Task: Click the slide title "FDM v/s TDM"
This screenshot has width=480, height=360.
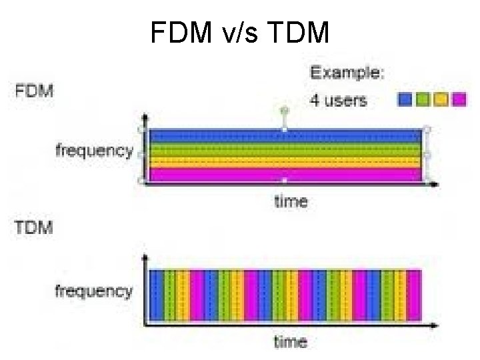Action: click(x=240, y=31)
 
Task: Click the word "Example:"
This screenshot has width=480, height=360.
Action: click(x=347, y=73)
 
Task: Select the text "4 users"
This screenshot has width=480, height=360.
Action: click(x=338, y=101)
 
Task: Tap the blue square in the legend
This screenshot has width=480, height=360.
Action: click(x=405, y=100)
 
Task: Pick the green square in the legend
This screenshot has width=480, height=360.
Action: click(x=422, y=100)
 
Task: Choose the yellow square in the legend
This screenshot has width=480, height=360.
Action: click(x=440, y=100)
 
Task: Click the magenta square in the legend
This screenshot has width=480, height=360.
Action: click(x=457, y=100)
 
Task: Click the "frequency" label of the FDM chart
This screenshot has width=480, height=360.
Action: click(x=94, y=151)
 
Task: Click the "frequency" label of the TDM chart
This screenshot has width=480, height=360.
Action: click(x=94, y=291)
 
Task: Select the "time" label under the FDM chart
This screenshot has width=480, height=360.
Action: click(x=291, y=200)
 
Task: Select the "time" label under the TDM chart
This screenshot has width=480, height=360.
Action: click(x=291, y=342)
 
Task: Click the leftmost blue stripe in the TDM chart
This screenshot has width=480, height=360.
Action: click(x=157, y=294)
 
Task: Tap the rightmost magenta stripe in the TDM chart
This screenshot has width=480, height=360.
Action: click(x=414, y=294)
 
